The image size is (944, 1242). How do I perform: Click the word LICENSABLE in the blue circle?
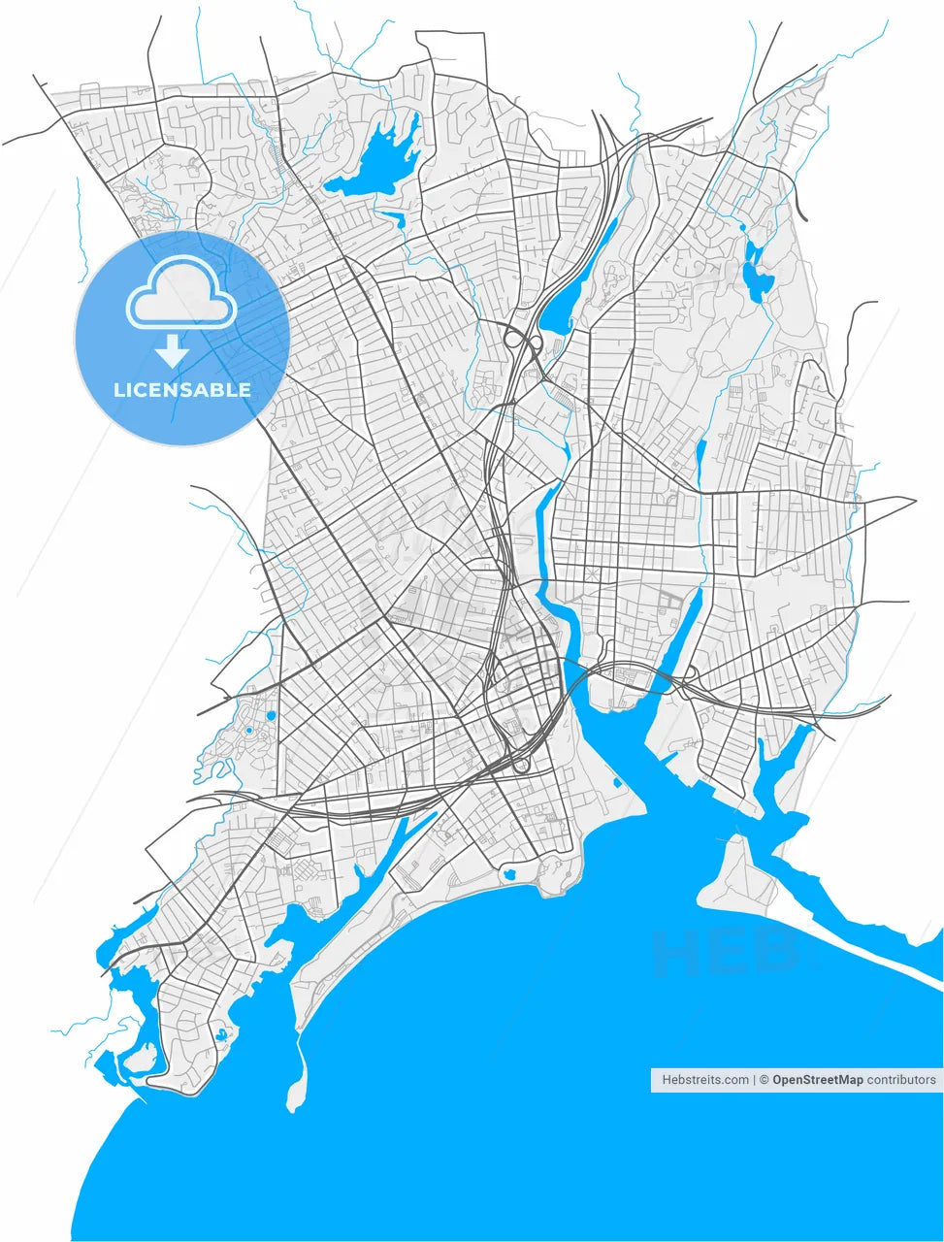point(182,390)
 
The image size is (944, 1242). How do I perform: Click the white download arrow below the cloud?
point(172,350)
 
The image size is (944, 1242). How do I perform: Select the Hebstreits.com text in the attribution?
point(705,1079)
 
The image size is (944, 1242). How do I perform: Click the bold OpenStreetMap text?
point(817,1079)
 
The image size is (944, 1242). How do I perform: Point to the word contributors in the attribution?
point(901,1079)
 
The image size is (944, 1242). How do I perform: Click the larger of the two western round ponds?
point(271,716)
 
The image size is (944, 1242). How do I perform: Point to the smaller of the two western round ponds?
point(249,730)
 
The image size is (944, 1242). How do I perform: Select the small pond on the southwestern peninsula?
point(225,1035)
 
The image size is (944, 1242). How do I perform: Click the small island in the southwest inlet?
point(140,1057)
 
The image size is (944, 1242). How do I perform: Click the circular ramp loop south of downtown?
point(522,766)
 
